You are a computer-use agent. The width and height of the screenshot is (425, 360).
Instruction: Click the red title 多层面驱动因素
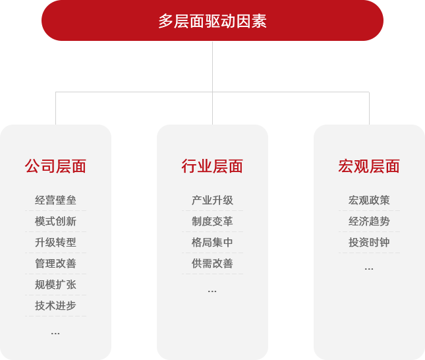pos(212,21)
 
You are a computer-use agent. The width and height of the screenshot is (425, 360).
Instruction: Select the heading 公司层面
pos(55,166)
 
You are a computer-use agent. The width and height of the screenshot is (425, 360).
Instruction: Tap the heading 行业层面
pos(212,166)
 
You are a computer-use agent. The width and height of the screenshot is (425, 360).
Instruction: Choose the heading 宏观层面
pos(369,166)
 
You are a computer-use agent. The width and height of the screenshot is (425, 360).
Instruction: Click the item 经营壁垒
pos(55,200)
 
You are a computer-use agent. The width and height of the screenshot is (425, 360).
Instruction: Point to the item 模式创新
pos(55,222)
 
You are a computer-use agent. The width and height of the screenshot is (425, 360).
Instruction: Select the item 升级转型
pos(55,242)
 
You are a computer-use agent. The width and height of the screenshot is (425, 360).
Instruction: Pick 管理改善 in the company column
pos(55,264)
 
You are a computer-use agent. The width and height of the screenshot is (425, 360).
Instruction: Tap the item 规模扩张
pos(55,285)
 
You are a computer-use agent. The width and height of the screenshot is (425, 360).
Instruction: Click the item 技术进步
pos(55,305)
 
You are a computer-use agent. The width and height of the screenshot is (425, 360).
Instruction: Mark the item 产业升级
pos(212,200)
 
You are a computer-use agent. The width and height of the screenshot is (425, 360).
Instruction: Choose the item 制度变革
pos(212,222)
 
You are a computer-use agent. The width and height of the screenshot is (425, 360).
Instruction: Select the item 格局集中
pos(212,242)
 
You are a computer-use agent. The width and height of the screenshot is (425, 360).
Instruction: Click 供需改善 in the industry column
pos(212,264)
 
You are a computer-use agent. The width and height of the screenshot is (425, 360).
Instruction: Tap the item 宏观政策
pos(369,200)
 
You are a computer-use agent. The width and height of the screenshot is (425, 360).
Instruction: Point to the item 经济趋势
pos(369,222)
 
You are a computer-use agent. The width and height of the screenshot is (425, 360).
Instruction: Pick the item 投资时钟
pos(369,242)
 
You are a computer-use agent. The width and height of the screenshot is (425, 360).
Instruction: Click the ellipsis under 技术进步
pos(55,334)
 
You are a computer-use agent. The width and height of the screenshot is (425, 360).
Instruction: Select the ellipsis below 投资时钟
pos(369,269)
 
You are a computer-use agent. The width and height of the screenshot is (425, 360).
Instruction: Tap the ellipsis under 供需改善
pos(212,291)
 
